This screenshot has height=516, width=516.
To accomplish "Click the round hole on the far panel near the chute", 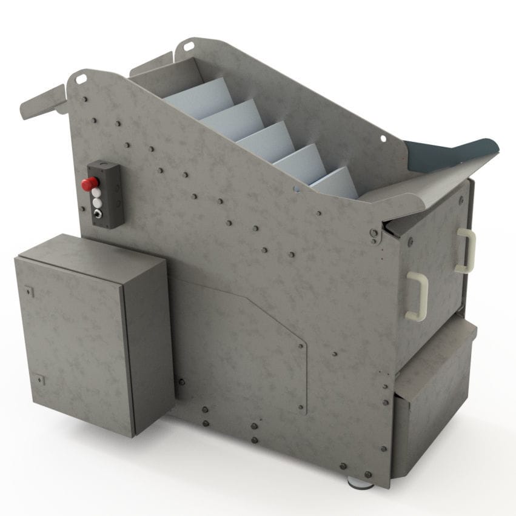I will (x=383, y=139).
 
